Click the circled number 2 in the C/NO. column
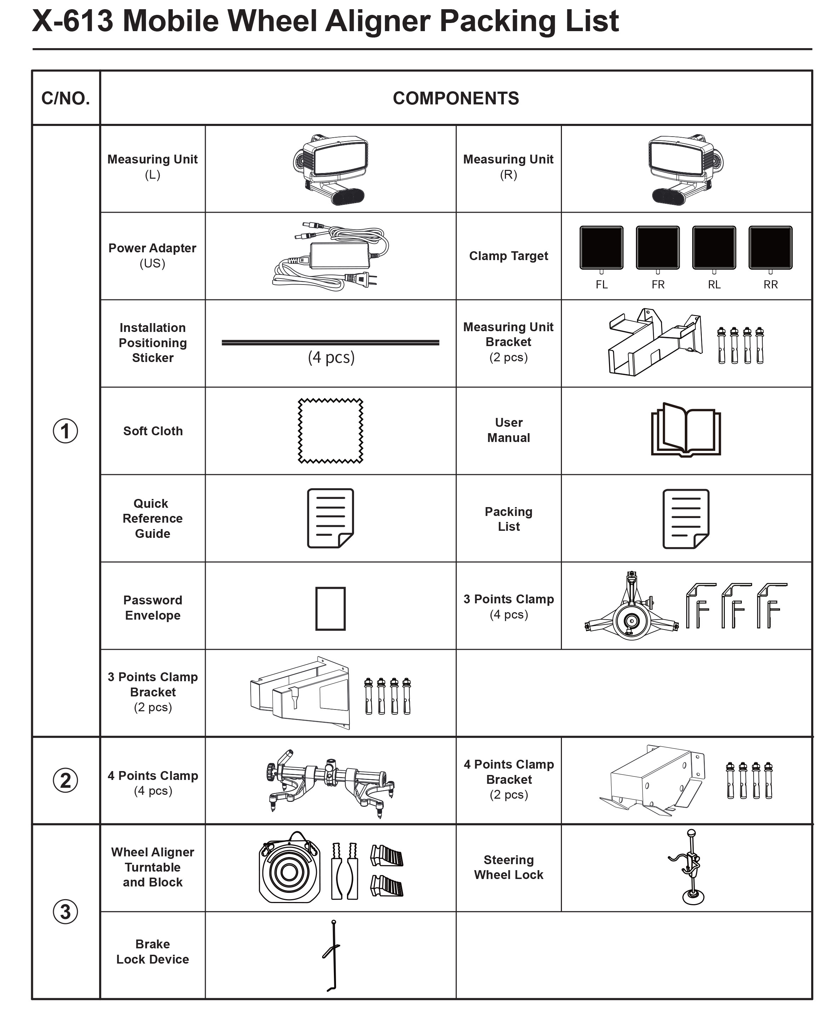point(66,780)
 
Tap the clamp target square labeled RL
point(714,247)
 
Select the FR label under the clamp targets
point(658,285)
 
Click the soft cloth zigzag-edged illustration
point(330,431)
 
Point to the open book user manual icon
point(686,429)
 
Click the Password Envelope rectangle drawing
point(330,608)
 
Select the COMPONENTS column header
point(455,98)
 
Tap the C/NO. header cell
point(66,98)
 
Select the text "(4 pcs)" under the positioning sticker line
point(331,357)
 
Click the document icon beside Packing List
point(686,518)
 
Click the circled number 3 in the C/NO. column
point(66,911)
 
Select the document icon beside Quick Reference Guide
point(330,518)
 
